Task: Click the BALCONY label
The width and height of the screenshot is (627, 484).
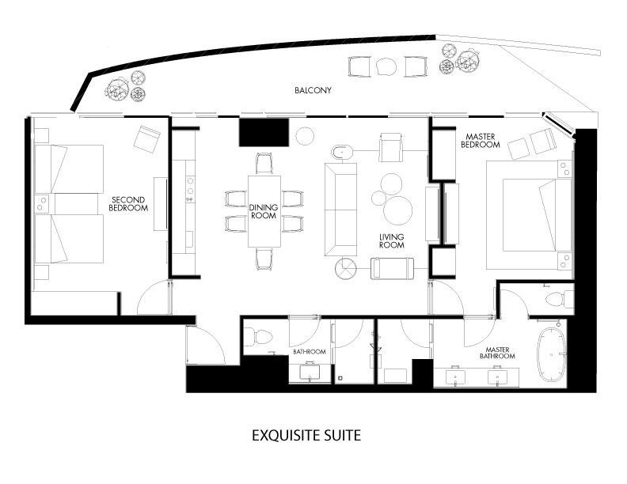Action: pos(313,90)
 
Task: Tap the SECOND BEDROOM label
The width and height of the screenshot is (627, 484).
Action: pos(128,204)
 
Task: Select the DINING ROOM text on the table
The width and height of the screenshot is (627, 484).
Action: pos(263,211)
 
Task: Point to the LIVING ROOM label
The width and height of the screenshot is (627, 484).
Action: pos(391,240)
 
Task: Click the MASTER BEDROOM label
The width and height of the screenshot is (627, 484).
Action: pos(481,141)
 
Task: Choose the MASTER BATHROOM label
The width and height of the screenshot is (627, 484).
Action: pos(497,353)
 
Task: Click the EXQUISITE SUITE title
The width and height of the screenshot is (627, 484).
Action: pos(306,435)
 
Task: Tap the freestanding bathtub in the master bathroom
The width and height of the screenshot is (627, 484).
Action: pos(552,354)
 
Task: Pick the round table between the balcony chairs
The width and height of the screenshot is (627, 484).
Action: pos(386,66)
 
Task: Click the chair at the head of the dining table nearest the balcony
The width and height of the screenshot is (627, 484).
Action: pos(264,163)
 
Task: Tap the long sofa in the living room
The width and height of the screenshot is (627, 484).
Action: pos(340,210)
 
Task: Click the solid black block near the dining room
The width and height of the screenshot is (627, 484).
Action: pos(264,132)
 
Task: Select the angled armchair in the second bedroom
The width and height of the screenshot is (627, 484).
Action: pos(146,138)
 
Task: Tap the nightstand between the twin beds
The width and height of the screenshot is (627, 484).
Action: pos(42,204)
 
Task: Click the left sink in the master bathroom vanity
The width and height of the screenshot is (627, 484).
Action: pos(455,377)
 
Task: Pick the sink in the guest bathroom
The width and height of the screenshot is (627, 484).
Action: pos(310,372)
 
